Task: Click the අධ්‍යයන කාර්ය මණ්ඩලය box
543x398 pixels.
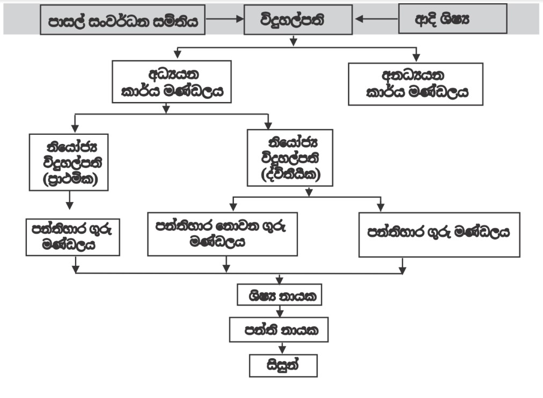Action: click(172, 81)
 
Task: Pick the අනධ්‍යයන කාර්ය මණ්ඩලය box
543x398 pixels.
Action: click(415, 84)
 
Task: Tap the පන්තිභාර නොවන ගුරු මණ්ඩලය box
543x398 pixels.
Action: click(223, 234)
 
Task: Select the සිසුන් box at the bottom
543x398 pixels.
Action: click(283, 365)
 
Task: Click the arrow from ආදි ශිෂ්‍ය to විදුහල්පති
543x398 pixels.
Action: click(376, 19)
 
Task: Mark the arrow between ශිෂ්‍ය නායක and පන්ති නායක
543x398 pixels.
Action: click(279, 312)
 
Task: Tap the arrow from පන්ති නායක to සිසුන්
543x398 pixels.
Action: click(278, 347)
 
